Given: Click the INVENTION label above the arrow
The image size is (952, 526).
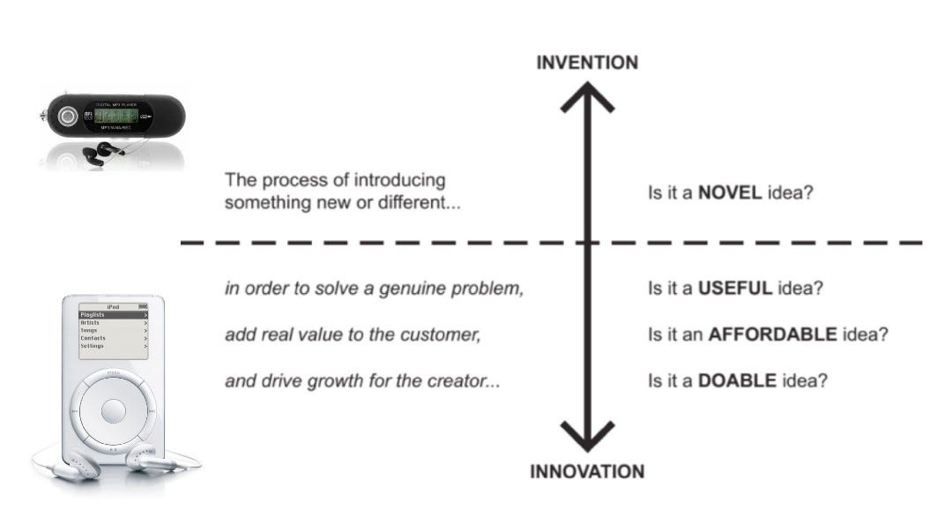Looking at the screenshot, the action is (x=587, y=63).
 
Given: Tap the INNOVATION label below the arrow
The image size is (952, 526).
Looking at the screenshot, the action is (x=587, y=470).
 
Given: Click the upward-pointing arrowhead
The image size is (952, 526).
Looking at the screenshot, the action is (x=587, y=95).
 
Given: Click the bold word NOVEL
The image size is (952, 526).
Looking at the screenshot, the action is (x=730, y=192).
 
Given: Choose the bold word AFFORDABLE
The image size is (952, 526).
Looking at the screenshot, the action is (x=772, y=334).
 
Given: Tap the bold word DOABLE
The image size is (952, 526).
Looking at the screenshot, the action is (x=737, y=381).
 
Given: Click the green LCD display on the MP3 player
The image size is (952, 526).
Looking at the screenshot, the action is (x=116, y=116).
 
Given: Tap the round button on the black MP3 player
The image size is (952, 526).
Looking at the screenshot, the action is (x=67, y=116).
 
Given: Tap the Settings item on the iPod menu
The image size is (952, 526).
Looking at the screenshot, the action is (x=93, y=346).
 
